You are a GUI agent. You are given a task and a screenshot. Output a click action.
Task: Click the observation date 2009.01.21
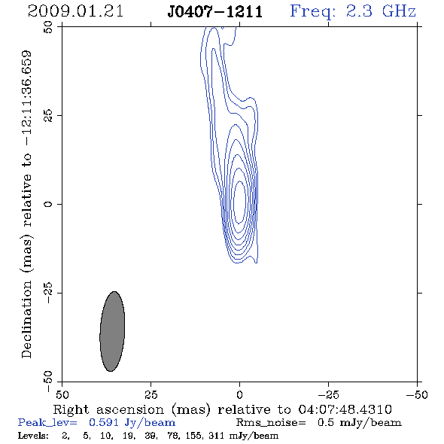[x=75, y=11]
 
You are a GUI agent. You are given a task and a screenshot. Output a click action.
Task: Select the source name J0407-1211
[x=215, y=11]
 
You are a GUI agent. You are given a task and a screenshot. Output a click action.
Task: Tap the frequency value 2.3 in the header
[x=359, y=11]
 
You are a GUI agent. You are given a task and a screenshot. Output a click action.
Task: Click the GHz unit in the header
[x=399, y=11]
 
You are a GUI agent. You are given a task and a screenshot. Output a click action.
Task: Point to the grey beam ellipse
[x=112, y=331]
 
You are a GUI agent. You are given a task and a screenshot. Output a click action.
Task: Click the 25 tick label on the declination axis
[x=48, y=116]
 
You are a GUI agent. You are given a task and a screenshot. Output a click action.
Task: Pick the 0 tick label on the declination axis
[x=48, y=204]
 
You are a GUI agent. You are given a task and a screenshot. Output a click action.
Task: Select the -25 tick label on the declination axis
[x=48, y=293]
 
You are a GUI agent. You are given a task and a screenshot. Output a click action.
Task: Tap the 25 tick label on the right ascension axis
[x=151, y=395]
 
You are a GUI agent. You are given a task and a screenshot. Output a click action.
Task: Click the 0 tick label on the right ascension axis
[x=239, y=395]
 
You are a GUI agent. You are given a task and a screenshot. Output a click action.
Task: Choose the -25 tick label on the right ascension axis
[x=328, y=395]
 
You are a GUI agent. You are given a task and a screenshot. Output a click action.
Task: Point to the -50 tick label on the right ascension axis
[x=417, y=395]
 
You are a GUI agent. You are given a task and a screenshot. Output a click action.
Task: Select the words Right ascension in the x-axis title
[x=108, y=409]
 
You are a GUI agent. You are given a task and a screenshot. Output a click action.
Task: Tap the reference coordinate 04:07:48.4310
[x=345, y=409]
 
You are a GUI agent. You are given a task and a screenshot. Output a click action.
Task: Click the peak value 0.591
[x=103, y=422]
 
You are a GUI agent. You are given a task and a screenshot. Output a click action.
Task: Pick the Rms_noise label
[x=271, y=423]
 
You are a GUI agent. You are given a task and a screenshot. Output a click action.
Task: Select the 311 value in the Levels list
[x=216, y=436]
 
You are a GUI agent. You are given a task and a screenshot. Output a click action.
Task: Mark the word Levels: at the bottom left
[x=33, y=436]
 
